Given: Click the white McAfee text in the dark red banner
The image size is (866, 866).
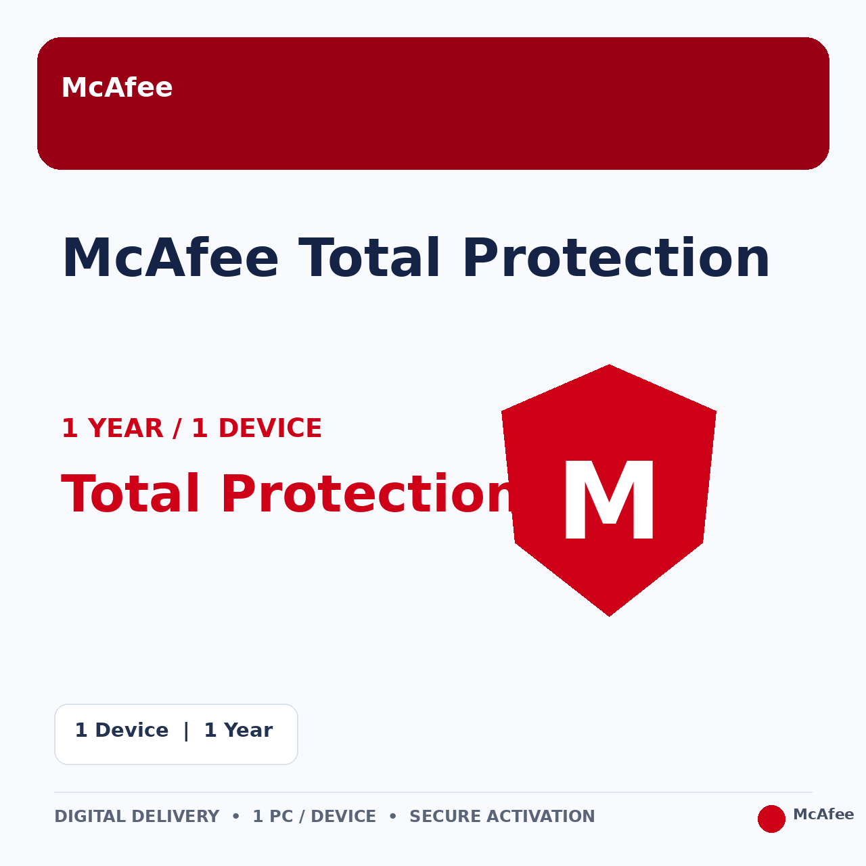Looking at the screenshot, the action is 117,87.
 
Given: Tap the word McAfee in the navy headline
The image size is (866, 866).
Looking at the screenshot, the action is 170,258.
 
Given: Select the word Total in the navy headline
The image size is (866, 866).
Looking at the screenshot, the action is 369,258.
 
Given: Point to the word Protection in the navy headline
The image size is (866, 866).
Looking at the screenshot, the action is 616,258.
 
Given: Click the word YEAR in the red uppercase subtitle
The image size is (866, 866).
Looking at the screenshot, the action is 125,428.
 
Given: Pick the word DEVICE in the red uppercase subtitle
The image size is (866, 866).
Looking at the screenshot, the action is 270,428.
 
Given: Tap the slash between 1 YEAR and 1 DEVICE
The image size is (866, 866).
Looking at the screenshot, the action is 177,428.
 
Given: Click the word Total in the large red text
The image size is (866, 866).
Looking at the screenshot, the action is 131,494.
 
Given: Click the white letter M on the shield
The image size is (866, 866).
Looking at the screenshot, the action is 609,499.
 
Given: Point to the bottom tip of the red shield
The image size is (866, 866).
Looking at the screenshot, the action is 609,616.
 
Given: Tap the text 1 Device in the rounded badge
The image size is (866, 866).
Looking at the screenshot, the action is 122,730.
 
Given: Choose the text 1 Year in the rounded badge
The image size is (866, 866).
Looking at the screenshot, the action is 238,730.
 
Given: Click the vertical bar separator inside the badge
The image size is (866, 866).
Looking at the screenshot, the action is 186,731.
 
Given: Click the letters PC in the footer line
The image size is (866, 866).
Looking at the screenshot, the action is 281,816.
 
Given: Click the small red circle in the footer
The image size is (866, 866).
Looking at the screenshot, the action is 771,819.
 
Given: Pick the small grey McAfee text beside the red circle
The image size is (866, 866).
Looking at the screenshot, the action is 823,814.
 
